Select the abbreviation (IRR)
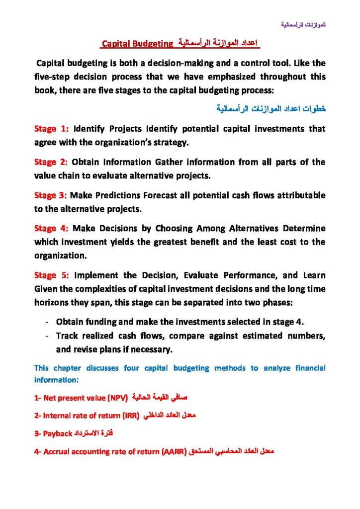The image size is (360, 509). [x=129, y=415]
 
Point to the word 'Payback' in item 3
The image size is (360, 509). [x=58, y=433]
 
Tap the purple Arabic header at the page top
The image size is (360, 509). [x=303, y=24]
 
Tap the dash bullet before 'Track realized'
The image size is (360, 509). [x=46, y=336]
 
